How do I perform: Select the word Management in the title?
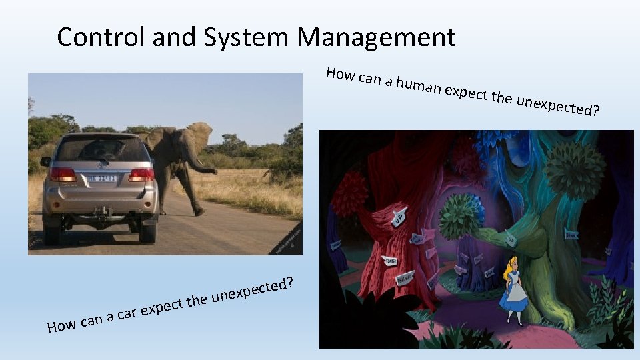[x=376, y=37]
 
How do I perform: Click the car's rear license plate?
[x=101, y=179]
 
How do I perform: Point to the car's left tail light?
[x=63, y=175]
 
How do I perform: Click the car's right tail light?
[x=141, y=175]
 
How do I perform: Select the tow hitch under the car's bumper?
[x=101, y=213]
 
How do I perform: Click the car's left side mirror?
[x=45, y=161]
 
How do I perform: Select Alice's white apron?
[x=513, y=291]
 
